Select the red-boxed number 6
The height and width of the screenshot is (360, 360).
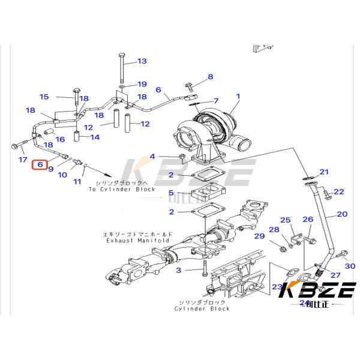40,164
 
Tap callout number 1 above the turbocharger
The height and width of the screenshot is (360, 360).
238,96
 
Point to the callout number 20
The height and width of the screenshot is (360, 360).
342,214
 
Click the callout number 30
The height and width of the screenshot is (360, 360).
350,266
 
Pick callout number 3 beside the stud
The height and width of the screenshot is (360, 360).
178,271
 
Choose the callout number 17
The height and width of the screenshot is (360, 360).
23,160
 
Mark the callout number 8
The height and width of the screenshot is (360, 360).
210,77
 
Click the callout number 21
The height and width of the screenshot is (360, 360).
325,172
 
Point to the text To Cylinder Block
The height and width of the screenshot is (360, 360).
122,189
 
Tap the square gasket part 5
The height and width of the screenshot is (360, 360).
205,196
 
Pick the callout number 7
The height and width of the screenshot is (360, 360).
216,100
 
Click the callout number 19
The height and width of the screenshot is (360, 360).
142,84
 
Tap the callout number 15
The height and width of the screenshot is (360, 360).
44,97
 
